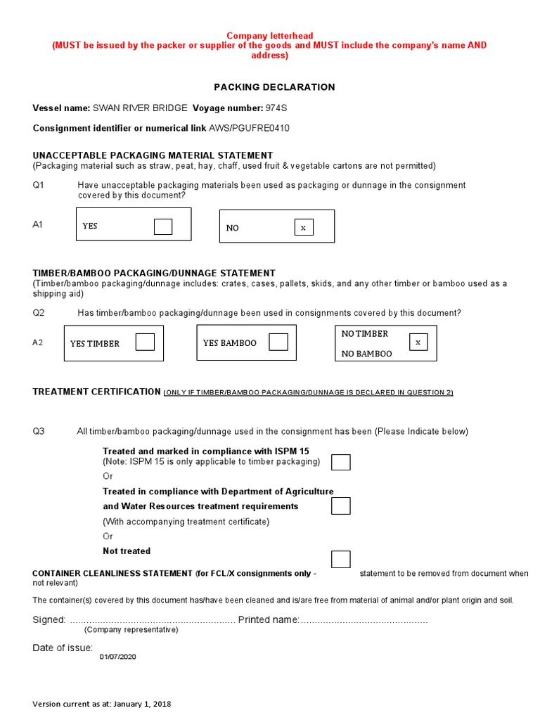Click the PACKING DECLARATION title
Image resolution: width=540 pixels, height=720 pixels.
[x=274, y=87]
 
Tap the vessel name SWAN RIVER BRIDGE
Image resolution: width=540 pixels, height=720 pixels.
[x=140, y=108]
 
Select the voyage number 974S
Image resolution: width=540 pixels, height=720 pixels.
[x=277, y=108]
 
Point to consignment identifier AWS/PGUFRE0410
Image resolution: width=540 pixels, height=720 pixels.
[x=249, y=128]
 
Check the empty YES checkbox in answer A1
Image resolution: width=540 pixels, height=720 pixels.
[x=163, y=226]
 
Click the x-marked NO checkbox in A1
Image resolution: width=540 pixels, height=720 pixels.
[x=304, y=227]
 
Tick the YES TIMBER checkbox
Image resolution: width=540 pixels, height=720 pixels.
[x=145, y=342]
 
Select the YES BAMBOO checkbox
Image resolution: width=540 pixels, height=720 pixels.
[x=278, y=342]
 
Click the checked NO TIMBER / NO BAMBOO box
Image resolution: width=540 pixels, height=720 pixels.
[x=418, y=342]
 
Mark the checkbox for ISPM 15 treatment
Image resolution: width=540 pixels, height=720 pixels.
[x=340, y=462]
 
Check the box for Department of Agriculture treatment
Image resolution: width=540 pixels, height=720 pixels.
[x=340, y=506]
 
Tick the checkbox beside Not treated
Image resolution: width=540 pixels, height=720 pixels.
[x=340, y=559]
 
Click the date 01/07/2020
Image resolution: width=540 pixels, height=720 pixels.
[x=117, y=657]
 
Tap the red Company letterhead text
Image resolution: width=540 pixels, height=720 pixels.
[x=269, y=36]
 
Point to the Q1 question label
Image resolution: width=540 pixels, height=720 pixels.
[x=39, y=186]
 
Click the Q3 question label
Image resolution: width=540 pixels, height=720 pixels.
[x=39, y=431]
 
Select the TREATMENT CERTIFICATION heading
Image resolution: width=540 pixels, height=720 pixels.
[x=97, y=392]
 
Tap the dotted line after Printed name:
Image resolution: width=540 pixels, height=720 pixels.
[x=364, y=621]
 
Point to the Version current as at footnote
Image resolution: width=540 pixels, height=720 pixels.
[x=102, y=704]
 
